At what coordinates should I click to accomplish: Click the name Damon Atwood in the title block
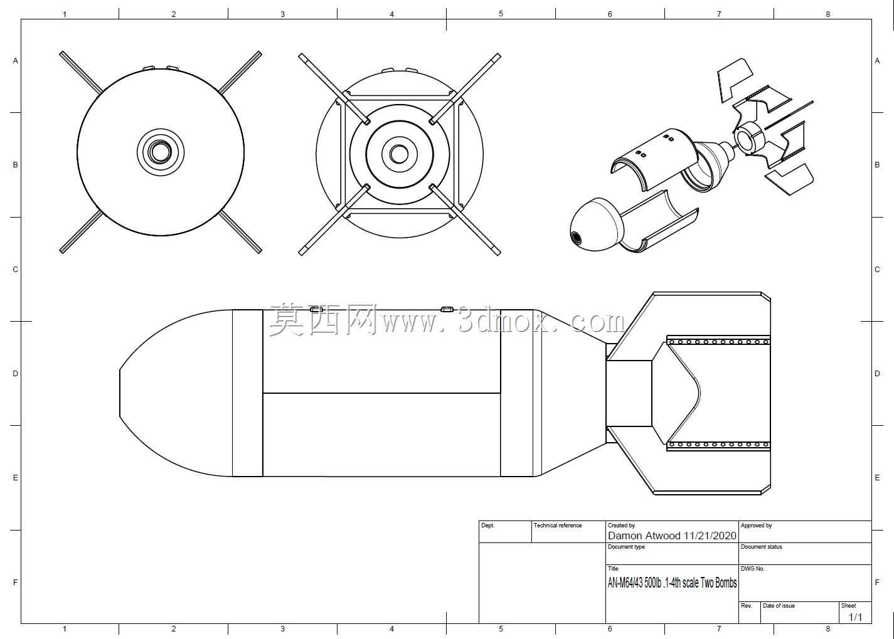644,536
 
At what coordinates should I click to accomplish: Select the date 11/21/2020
710,536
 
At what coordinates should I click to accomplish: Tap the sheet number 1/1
855,617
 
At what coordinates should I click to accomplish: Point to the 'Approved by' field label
757,525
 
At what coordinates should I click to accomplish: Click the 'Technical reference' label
558,525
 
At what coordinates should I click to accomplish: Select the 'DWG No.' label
752,568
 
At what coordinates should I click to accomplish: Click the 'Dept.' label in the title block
487,525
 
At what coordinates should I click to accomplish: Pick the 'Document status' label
762,546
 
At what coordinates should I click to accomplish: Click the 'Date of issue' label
779,606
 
